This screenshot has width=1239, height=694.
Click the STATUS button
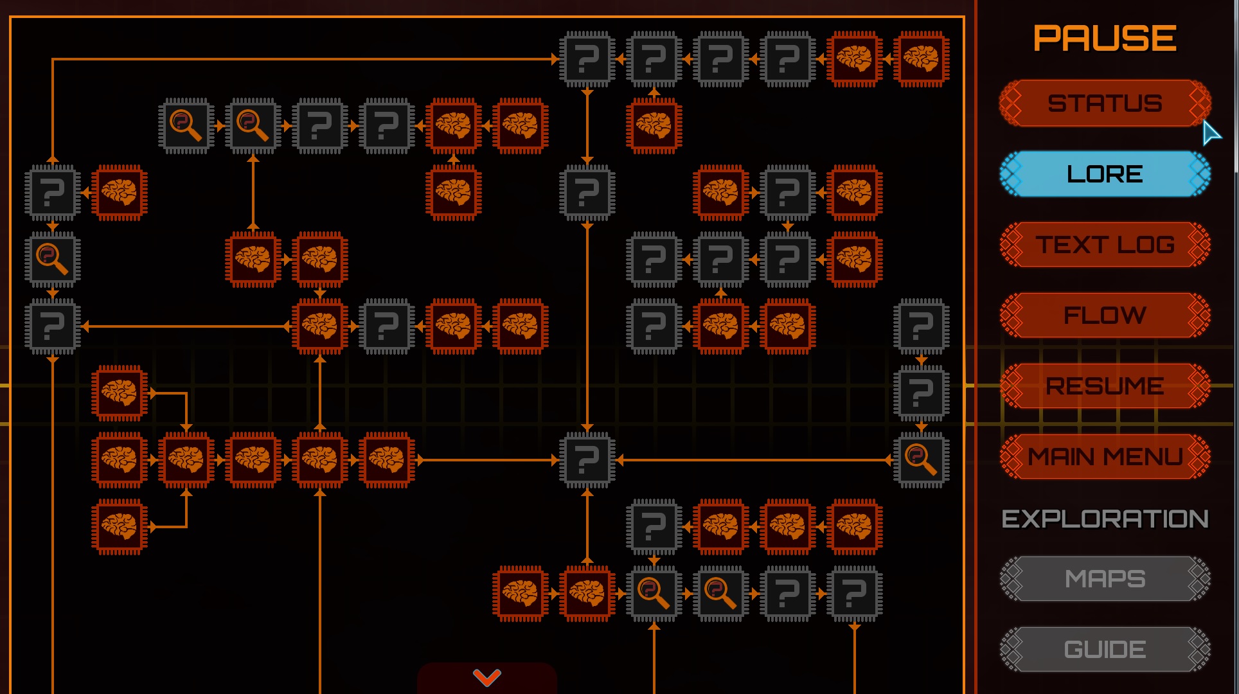coord(1105,103)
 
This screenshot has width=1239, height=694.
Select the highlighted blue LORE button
coord(1105,173)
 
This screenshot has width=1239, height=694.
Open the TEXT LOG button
coord(1105,244)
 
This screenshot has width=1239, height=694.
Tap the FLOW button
coord(1105,315)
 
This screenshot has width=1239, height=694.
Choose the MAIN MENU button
coord(1105,456)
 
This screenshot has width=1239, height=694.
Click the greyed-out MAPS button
coord(1105,578)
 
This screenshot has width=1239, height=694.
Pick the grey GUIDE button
coord(1105,649)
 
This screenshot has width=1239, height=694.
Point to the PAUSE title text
coord(1105,39)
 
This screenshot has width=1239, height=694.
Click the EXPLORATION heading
coord(1105,519)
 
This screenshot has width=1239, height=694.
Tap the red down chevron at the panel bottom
coord(486,677)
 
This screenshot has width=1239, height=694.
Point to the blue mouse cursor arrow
coord(1211,133)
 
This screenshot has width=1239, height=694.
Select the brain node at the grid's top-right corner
coord(921,59)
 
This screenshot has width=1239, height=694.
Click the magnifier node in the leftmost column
coord(53,260)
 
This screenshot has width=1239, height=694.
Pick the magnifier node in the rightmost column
coord(921,460)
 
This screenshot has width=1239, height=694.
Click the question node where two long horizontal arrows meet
coord(587,460)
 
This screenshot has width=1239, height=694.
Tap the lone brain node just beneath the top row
coord(654,126)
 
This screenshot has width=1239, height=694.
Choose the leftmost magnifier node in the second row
coord(186,126)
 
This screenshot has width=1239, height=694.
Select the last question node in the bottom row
coord(854,594)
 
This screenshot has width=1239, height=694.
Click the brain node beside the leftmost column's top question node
coord(120,193)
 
